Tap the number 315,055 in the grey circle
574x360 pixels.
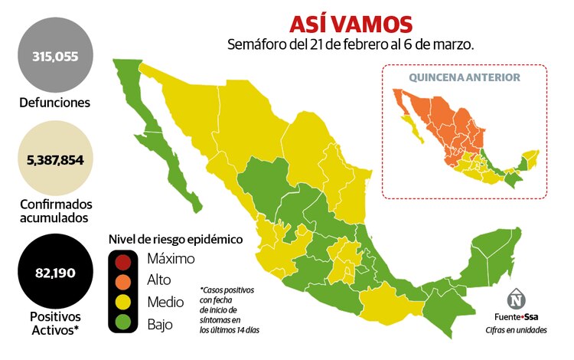pos(55,56)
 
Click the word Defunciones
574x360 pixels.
pos(55,102)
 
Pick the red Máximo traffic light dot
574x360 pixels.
pos(125,260)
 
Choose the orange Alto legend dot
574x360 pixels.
pos(125,280)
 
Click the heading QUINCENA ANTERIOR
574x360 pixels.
pos(464,78)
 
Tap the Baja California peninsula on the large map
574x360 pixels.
pos(165,146)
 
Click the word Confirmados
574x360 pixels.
pos(55,205)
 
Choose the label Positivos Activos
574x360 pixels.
pos(55,322)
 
